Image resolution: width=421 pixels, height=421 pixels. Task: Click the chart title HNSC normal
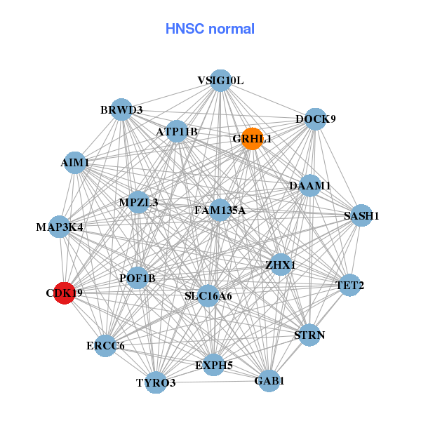[x=210, y=29]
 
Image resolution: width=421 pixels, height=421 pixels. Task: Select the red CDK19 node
[x=64, y=293]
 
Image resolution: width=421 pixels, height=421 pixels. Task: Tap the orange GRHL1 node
[x=252, y=138]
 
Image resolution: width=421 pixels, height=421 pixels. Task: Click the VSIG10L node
[x=220, y=81]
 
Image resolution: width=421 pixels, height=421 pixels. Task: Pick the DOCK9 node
[x=316, y=119]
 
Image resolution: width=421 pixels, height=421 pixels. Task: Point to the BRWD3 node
[x=121, y=110]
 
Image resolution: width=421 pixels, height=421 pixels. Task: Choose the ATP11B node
[x=177, y=131]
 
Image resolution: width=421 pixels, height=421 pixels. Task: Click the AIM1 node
[x=75, y=163]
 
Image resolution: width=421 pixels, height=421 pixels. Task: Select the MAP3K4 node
[x=60, y=227]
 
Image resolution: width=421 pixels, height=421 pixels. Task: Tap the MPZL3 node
[x=138, y=203]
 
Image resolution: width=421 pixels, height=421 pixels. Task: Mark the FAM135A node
[x=220, y=210]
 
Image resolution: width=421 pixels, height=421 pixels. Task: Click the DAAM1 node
[x=310, y=186]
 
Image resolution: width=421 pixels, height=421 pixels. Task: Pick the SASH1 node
[x=361, y=215]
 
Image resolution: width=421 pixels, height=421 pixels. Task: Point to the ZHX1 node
[x=281, y=265]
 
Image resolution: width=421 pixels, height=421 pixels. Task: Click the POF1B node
[x=138, y=279]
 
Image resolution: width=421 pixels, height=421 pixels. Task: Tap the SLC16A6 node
[x=208, y=296]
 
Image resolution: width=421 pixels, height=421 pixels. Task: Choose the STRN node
[x=309, y=335]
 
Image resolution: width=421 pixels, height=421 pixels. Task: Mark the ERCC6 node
[x=105, y=345]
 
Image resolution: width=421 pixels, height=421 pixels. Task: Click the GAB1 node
[x=269, y=381]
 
